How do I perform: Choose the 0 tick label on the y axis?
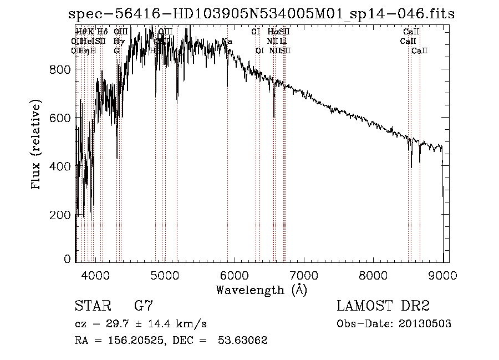(67, 259)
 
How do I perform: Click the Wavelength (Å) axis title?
(261, 290)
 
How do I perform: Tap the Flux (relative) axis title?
(37, 145)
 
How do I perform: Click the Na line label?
(227, 42)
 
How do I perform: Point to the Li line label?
(283, 42)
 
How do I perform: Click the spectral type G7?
(144, 306)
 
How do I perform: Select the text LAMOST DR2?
(383, 306)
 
